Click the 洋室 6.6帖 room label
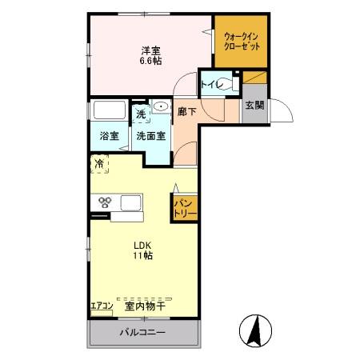(x=151, y=55)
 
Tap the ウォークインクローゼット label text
(x=242, y=42)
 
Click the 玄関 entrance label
(x=254, y=105)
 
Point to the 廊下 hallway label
(x=187, y=111)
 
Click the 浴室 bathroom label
(x=110, y=136)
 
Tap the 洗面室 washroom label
(x=151, y=136)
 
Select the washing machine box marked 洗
(x=141, y=114)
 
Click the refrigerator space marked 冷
(x=99, y=164)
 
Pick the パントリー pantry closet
(x=185, y=208)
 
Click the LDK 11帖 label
(x=143, y=250)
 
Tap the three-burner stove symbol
(x=105, y=202)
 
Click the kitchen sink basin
(x=130, y=203)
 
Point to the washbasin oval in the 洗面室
(x=162, y=107)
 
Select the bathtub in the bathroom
(x=110, y=110)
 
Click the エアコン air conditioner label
(x=102, y=306)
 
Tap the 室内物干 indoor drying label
(x=146, y=306)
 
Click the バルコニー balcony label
(x=142, y=332)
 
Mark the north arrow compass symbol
(x=255, y=330)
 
